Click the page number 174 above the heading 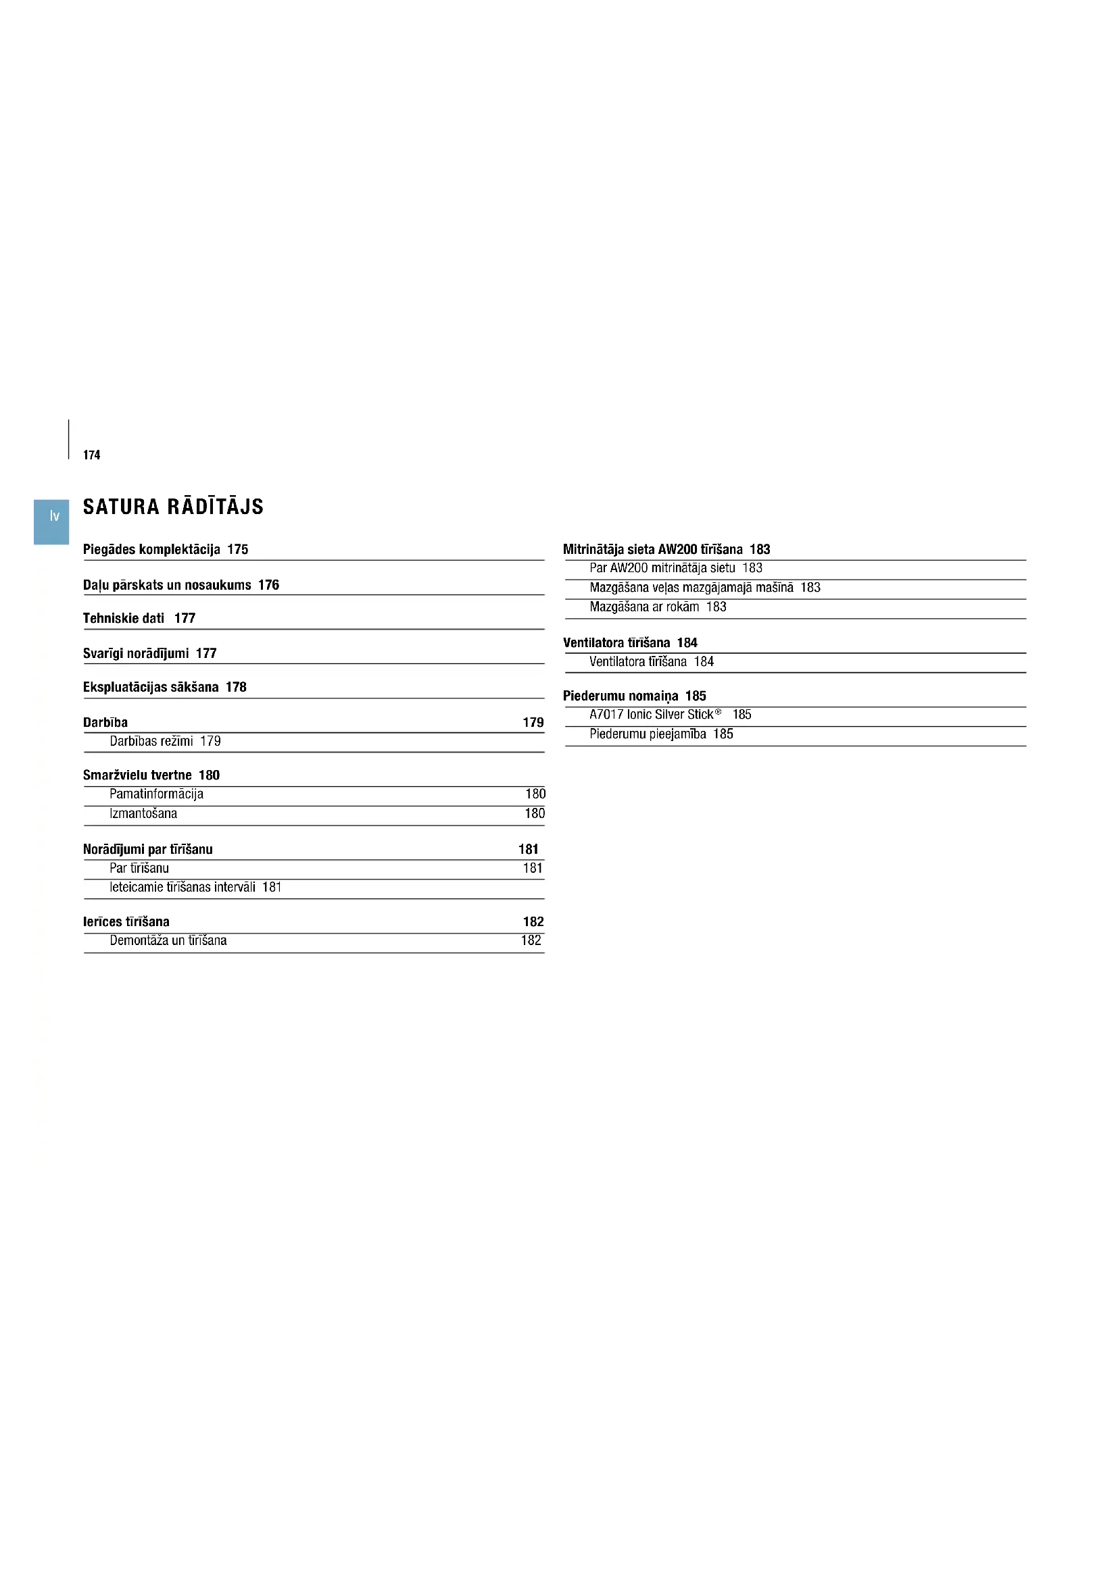[x=91, y=455]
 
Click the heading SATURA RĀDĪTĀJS [x=173, y=507]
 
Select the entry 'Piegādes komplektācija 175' [x=165, y=549]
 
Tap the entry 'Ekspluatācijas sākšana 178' [x=164, y=687]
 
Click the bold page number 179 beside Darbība [x=533, y=722]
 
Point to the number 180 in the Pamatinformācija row [x=535, y=794]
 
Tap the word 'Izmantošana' [x=143, y=813]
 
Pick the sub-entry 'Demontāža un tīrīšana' [x=168, y=941]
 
